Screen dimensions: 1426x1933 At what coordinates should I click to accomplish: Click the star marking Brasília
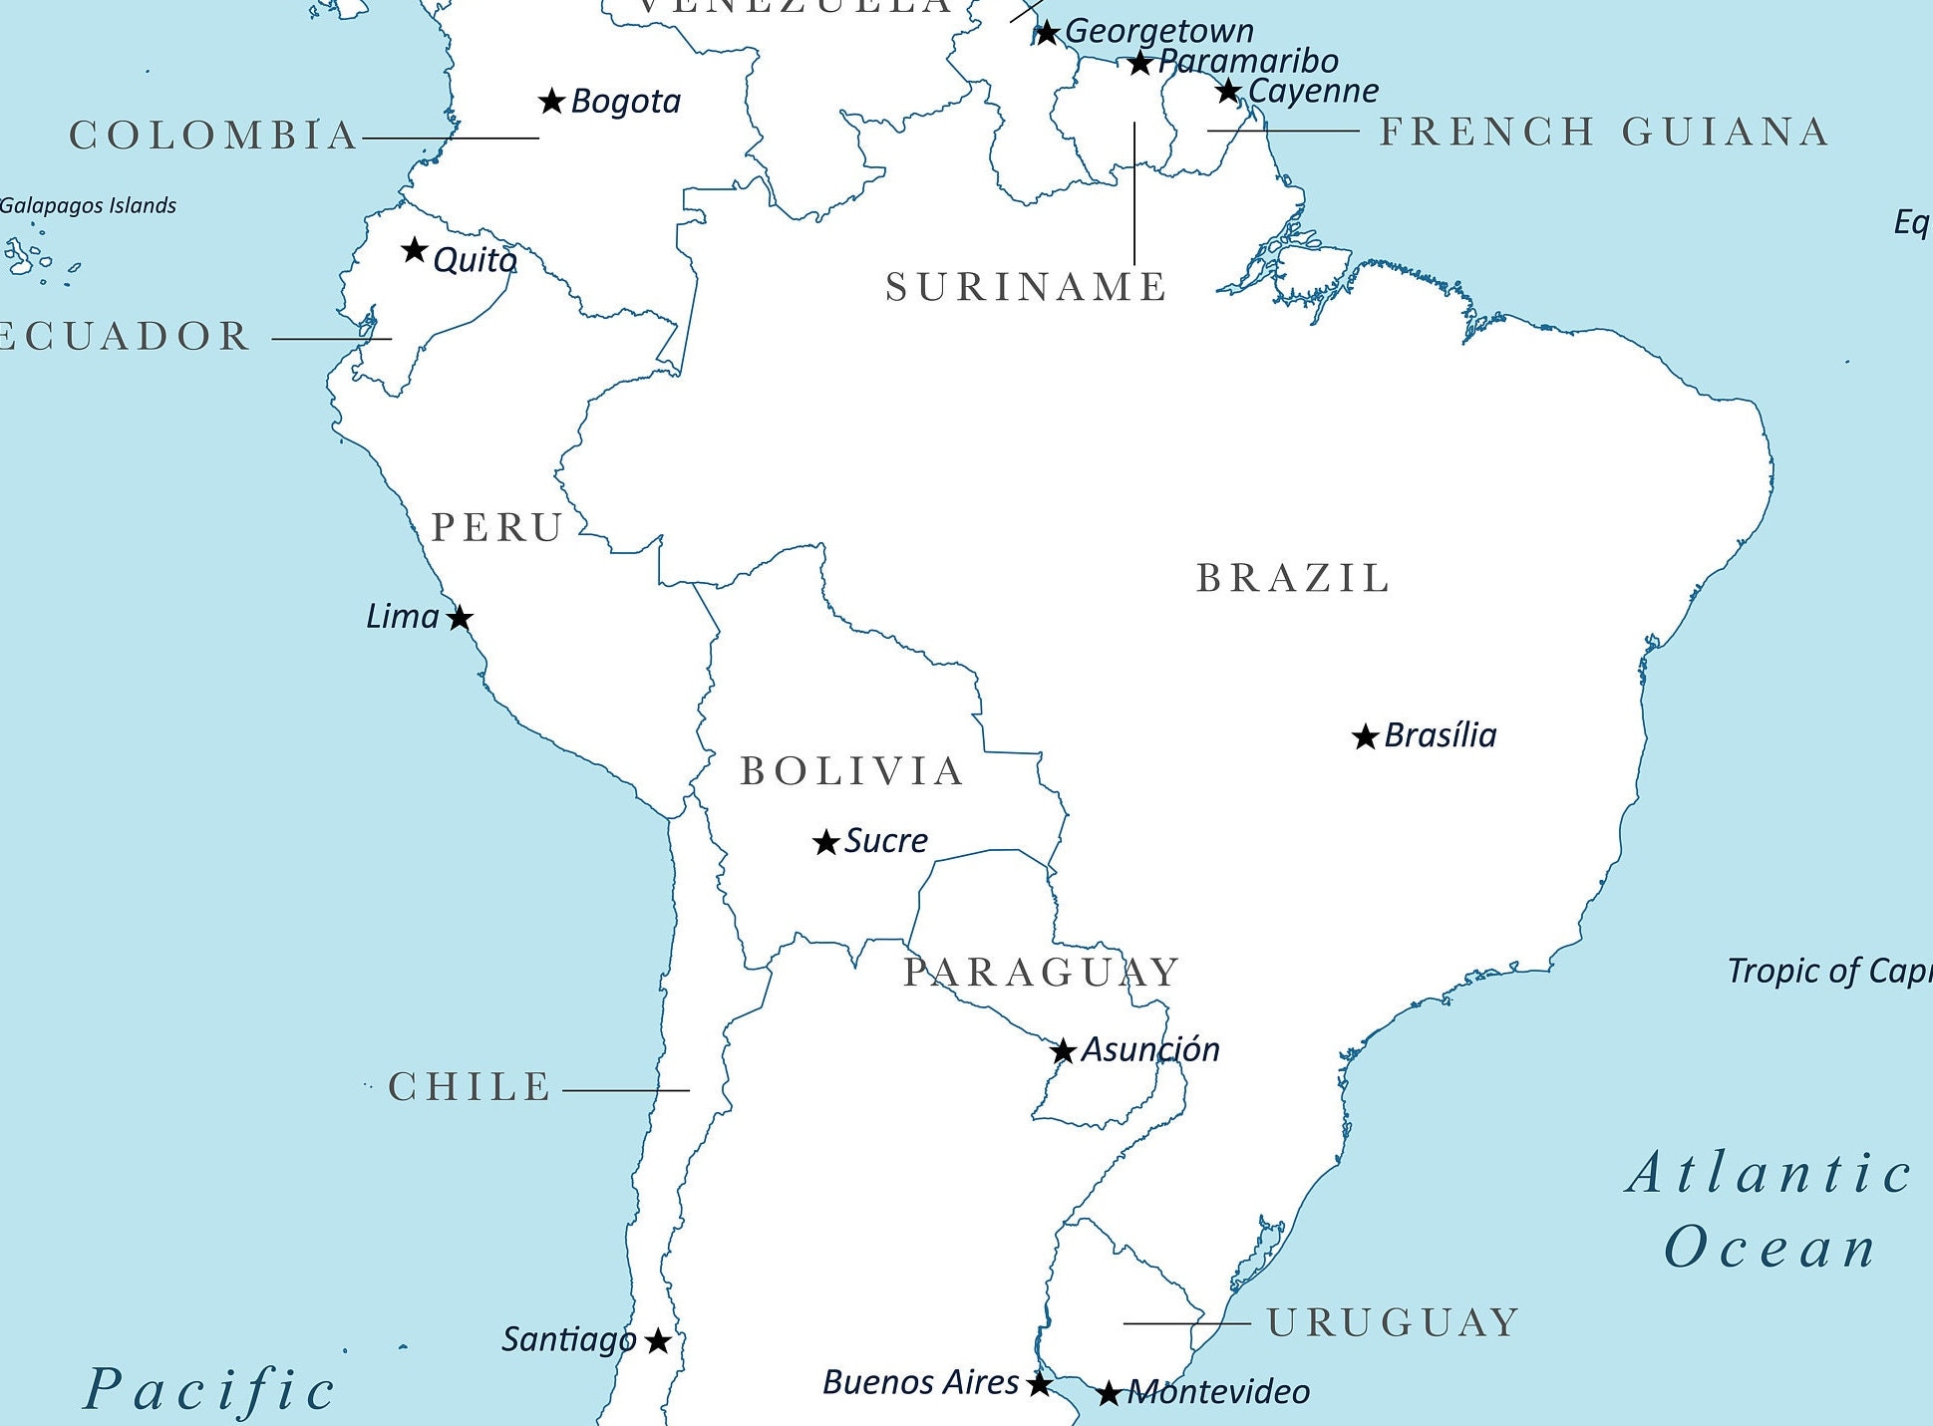coord(1365,737)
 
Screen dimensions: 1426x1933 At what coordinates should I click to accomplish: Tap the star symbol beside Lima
coord(459,618)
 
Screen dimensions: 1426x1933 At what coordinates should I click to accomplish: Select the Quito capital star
coord(415,250)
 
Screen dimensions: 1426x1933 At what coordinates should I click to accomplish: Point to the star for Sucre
coord(825,843)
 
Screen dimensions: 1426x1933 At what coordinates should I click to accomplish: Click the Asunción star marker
coord(1063,1051)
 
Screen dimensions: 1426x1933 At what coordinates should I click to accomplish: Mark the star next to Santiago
coord(657,1341)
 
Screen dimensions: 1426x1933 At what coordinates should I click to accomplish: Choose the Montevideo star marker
coord(1109,1393)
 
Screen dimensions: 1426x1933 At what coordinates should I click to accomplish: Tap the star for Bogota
coord(551,101)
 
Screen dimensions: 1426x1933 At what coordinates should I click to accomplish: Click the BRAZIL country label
coord(1292,578)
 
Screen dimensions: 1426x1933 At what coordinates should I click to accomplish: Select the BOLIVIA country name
coord(852,771)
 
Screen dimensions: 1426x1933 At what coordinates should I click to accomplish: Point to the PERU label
coord(497,527)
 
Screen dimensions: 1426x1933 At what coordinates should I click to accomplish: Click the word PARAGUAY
coord(1041,972)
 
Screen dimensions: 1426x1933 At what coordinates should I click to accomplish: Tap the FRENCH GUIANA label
coord(1604,132)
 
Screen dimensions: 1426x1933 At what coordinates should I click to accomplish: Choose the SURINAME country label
coord(1026,287)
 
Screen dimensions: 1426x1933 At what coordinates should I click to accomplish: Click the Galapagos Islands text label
coord(88,205)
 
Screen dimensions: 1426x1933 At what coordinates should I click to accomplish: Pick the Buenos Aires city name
coord(920,1382)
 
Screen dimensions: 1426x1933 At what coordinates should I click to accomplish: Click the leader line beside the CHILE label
coord(626,1090)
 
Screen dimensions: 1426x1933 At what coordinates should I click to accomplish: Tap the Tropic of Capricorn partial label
coord(1828,971)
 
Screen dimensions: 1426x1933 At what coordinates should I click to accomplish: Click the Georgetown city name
coord(1158,31)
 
